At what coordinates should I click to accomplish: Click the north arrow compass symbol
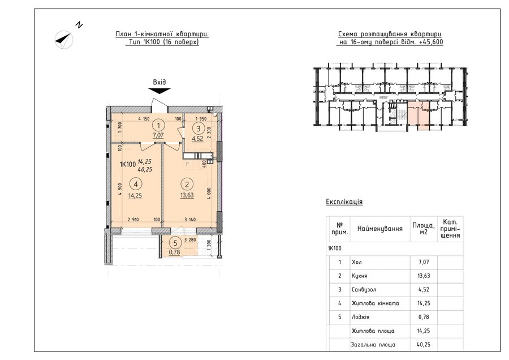point(63,40)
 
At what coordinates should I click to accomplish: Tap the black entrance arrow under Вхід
point(159,91)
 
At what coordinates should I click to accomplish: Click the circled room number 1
point(159,126)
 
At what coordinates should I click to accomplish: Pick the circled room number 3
point(199,128)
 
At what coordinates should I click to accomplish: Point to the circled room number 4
point(135,184)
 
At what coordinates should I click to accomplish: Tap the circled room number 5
point(176,243)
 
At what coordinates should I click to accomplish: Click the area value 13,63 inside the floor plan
point(187,195)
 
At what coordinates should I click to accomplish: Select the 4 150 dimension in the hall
point(144,119)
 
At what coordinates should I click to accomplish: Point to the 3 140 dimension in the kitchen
point(190,220)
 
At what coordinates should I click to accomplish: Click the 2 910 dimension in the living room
point(133,220)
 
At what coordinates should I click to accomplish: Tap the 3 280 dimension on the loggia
point(190,240)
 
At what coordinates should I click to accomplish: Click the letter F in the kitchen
point(187,164)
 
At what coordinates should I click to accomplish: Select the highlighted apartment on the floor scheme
point(419,115)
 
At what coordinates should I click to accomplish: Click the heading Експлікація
point(344,202)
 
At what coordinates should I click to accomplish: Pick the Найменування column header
point(380,229)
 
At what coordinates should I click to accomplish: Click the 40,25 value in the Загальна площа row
point(424,344)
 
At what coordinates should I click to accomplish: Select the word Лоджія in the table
point(360,317)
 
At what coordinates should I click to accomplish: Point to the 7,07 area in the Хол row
point(424,262)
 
